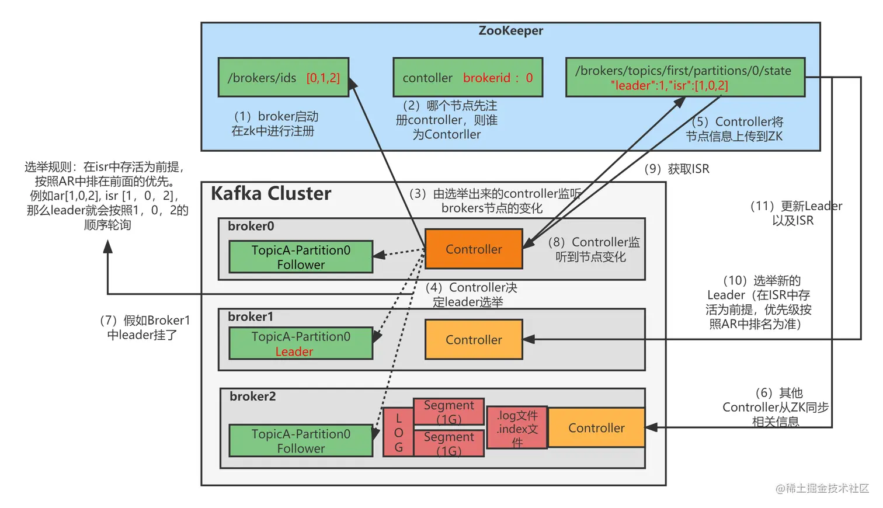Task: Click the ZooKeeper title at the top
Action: pos(510,31)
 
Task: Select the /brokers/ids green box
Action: pos(283,77)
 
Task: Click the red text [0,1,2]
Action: pos(323,78)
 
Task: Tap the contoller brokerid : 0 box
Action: pos(468,78)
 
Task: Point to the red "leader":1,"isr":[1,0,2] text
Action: pos(669,86)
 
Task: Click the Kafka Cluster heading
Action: pos(271,193)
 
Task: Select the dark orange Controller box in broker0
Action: pos(474,249)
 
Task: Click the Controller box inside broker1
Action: pos(474,340)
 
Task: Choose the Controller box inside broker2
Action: pos(596,428)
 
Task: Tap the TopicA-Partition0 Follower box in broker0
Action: pos(301,257)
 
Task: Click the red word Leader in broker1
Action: pos(294,352)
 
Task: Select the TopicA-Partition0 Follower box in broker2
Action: pos(301,441)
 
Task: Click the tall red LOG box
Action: pos(398,433)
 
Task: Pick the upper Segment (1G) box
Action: pos(449,412)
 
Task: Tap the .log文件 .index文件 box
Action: pos(517,428)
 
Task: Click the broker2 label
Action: pos(252,396)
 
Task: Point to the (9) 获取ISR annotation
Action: pos(677,169)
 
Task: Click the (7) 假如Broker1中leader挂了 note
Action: pos(145,328)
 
